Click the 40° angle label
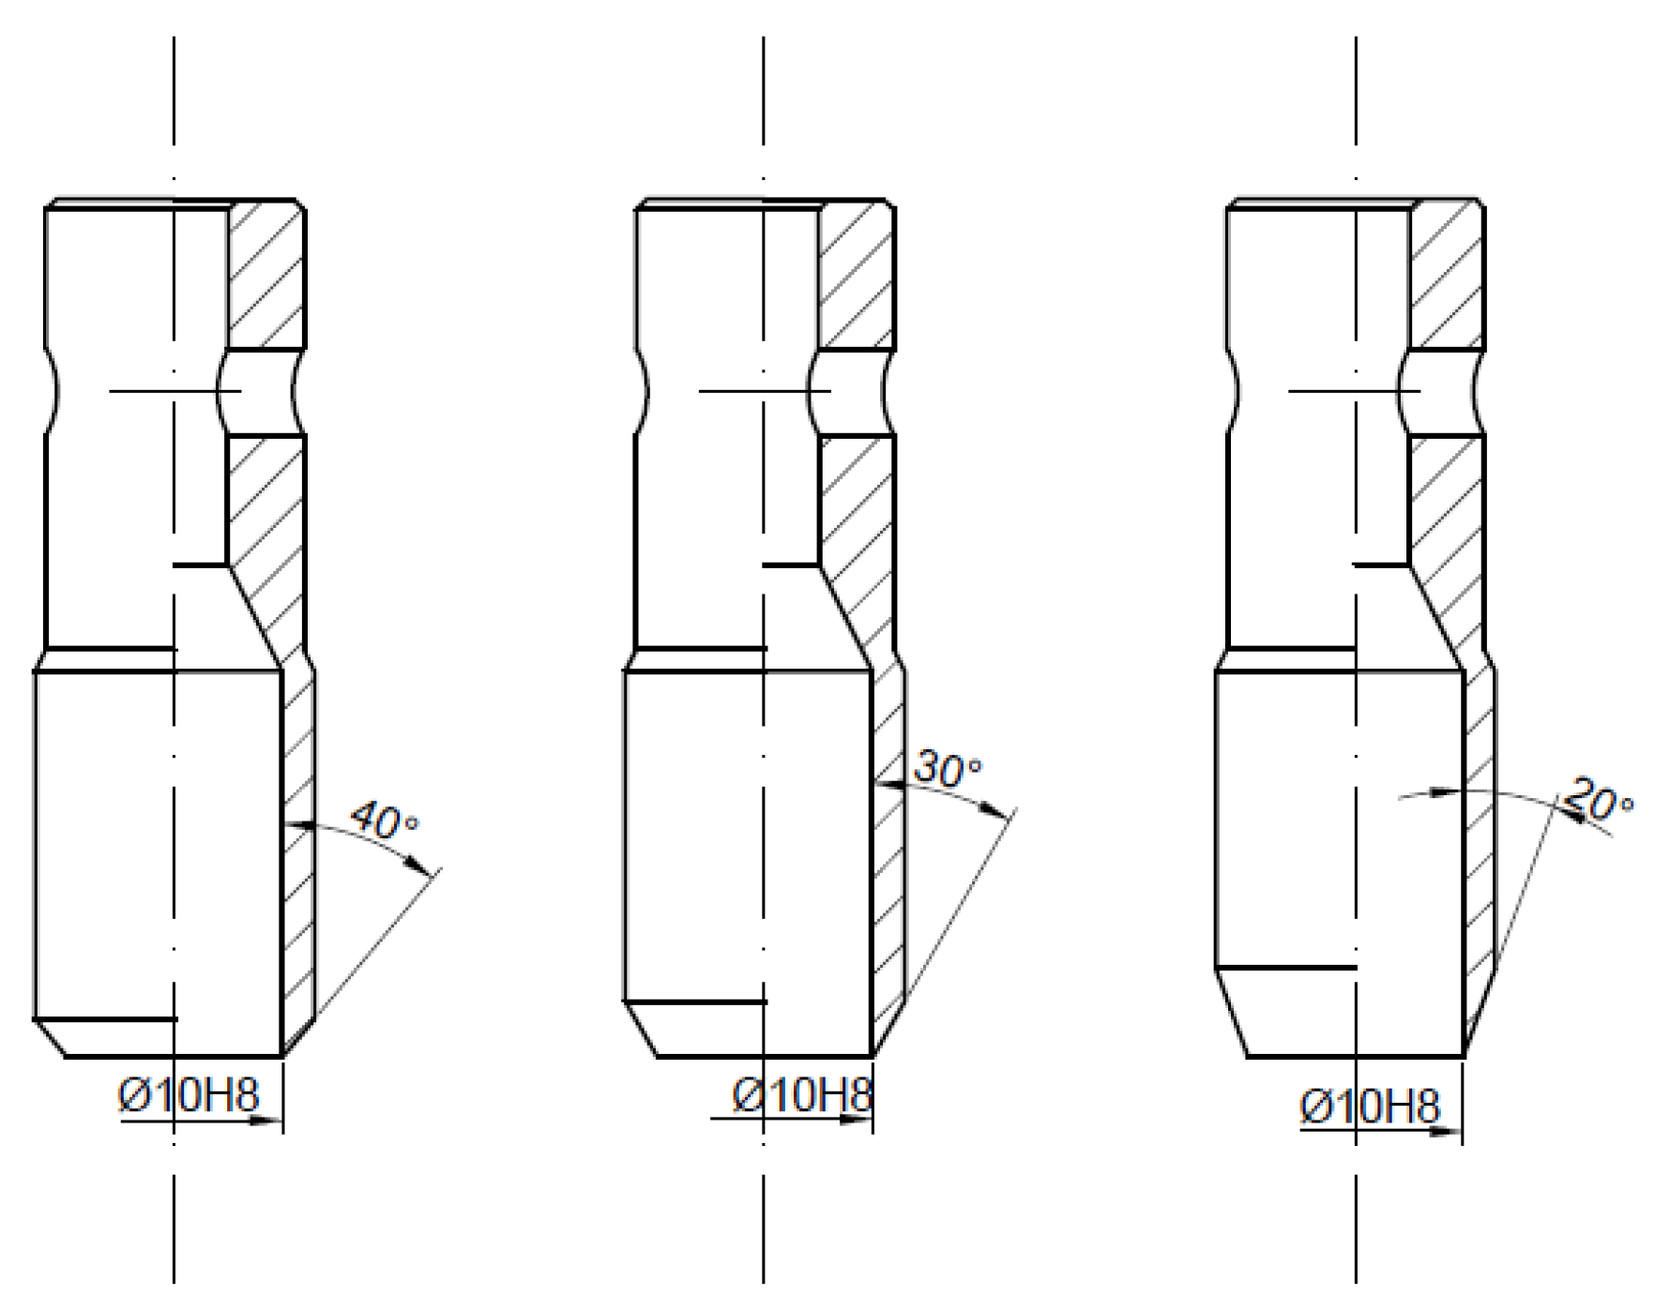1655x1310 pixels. click(385, 821)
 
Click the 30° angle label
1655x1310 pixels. click(949, 769)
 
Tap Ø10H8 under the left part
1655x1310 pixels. click(189, 1094)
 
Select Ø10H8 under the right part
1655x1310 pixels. click(1369, 1107)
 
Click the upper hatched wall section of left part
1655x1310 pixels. click(267, 277)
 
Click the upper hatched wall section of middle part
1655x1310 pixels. click(857, 277)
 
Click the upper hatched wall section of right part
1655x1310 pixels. click(1447, 277)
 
